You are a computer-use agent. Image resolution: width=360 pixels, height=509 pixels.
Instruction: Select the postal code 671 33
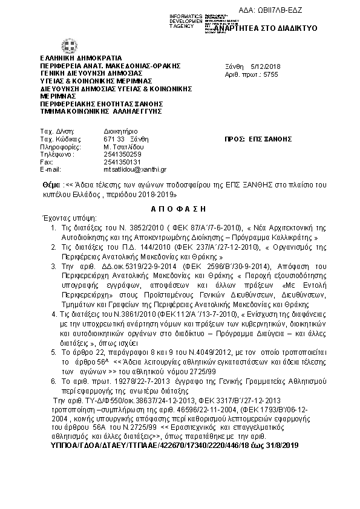(113, 138)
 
